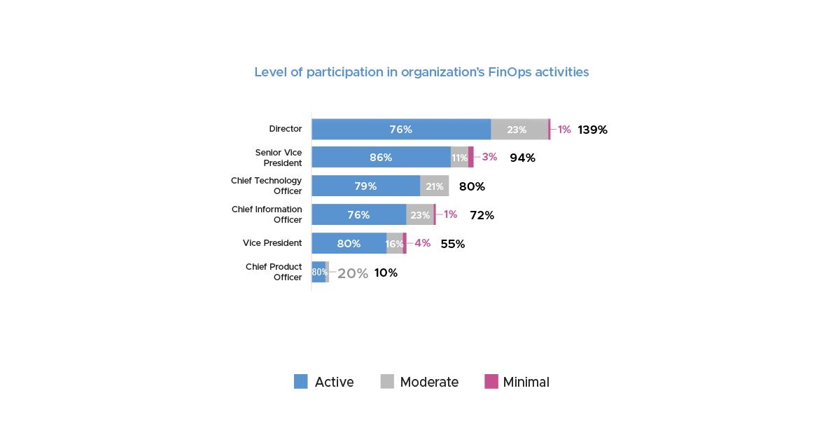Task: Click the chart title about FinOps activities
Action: [421, 72]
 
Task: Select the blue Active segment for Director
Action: [401, 130]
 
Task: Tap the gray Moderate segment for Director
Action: [519, 130]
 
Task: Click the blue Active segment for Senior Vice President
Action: [381, 158]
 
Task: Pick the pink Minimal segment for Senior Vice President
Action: [471, 157]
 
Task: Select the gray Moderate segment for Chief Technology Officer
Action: [434, 186]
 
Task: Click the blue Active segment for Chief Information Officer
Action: [358, 215]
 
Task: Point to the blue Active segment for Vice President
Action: [349, 244]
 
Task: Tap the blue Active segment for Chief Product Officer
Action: [318, 273]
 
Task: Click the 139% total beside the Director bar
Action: [592, 130]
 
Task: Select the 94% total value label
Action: [522, 158]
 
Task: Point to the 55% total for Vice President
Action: [452, 244]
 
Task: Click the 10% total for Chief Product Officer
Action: [386, 273]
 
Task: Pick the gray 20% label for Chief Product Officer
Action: [353, 273]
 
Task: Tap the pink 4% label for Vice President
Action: [422, 243]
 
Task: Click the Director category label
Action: [286, 129]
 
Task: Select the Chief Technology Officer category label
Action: [267, 186]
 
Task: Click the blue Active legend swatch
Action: [301, 382]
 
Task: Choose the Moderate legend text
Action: [429, 382]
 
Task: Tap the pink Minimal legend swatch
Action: [491, 382]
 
